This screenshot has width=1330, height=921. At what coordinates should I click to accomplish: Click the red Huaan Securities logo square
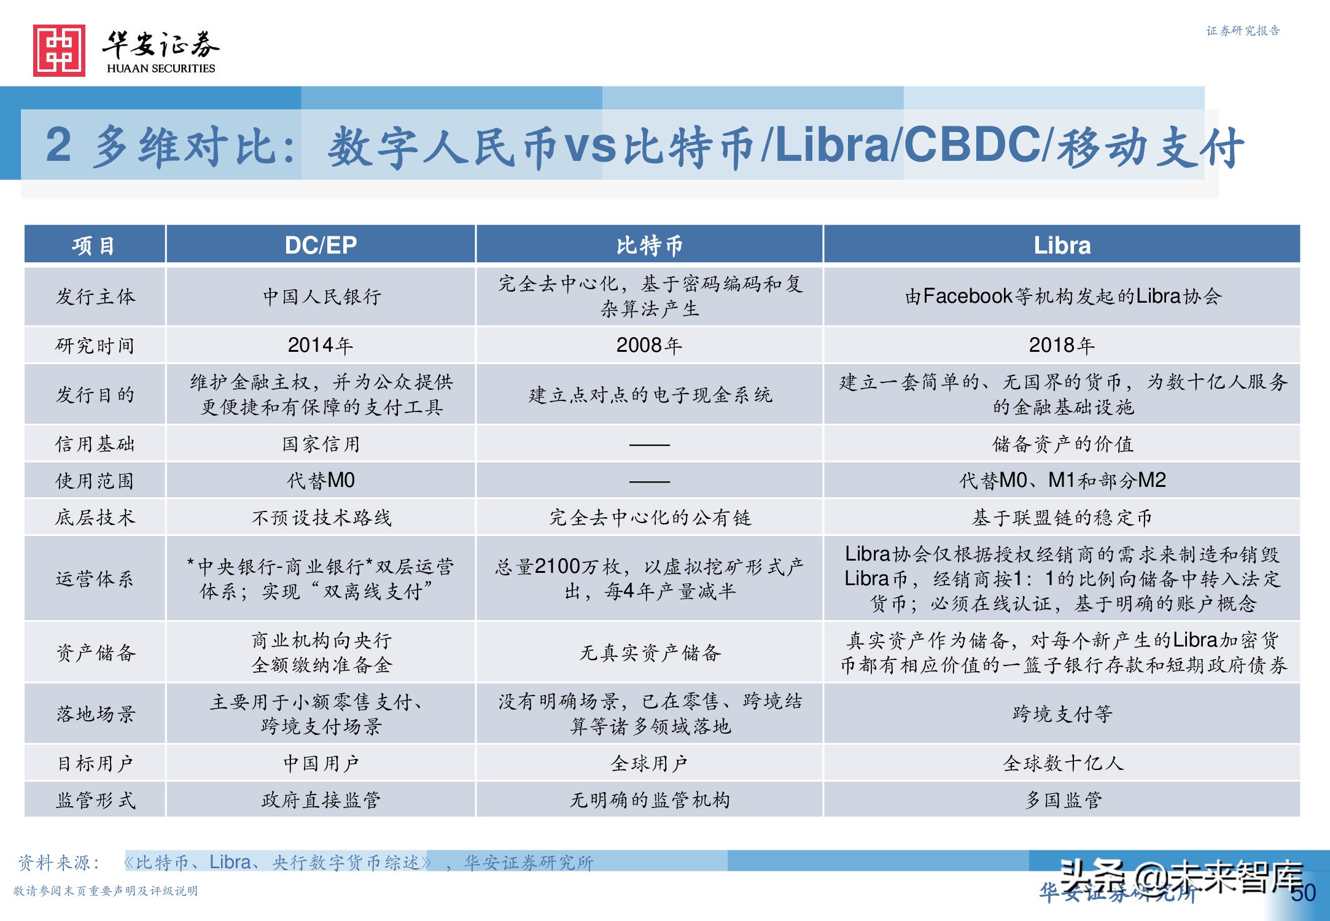(x=59, y=51)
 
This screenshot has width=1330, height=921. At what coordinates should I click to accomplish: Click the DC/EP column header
(x=321, y=246)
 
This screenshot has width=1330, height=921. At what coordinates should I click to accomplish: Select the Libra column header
(x=1062, y=246)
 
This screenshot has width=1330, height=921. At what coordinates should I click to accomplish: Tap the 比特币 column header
(x=649, y=246)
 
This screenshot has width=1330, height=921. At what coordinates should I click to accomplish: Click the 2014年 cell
(x=321, y=346)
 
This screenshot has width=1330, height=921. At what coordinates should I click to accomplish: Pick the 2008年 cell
(x=649, y=346)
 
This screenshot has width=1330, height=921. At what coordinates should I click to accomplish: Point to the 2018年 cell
(x=1062, y=346)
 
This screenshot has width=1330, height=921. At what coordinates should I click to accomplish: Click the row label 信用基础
(x=95, y=444)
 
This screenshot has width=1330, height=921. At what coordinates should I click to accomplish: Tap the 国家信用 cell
(x=321, y=444)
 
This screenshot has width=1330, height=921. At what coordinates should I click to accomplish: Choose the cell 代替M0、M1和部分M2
(x=1062, y=481)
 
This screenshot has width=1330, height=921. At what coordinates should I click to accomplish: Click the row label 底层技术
(x=95, y=518)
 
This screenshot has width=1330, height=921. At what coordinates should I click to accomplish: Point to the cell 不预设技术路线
(x=321, y=518)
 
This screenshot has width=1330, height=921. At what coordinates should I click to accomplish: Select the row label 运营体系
(x=95, y=579)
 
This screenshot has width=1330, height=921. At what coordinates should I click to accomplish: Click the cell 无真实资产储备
(x=649, y=653)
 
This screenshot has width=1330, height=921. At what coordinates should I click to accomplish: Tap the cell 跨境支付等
(x=1062, y=714)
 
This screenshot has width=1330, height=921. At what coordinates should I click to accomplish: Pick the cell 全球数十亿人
(x=1062, y=763)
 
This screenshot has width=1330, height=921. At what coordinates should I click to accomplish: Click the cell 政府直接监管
(x=321, y=800)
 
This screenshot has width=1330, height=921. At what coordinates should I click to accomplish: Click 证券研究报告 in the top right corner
(x=1242, y=31)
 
